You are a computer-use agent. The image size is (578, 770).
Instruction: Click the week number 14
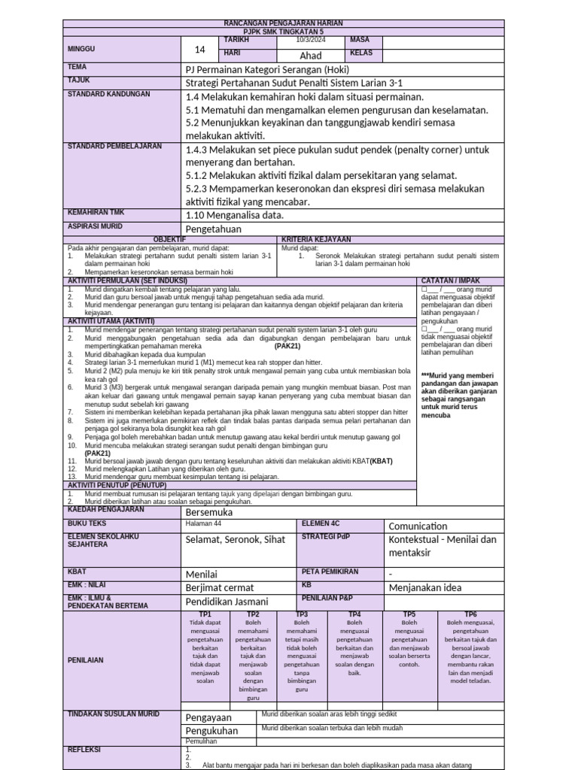[199, 50]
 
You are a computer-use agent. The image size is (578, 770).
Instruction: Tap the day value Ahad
[310, 56]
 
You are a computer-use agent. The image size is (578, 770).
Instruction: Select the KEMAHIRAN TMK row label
[96, 212]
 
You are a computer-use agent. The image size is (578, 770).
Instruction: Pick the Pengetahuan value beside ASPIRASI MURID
[214, 229]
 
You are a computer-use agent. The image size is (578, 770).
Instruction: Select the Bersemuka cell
[208, 512]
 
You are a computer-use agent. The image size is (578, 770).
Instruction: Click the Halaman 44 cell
[203, 523]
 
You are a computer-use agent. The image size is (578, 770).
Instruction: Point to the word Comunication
[418, 526]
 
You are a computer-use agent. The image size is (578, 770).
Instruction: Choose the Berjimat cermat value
[219, 587]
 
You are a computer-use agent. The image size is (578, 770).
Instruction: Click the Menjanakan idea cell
[424, 587]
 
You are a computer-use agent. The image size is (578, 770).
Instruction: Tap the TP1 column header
[205, 614]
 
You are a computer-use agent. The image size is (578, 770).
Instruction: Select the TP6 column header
[470, 614]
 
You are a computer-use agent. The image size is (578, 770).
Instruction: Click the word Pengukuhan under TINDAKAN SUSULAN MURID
[211, 730]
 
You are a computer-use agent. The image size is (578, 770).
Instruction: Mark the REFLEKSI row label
[84, 750]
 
